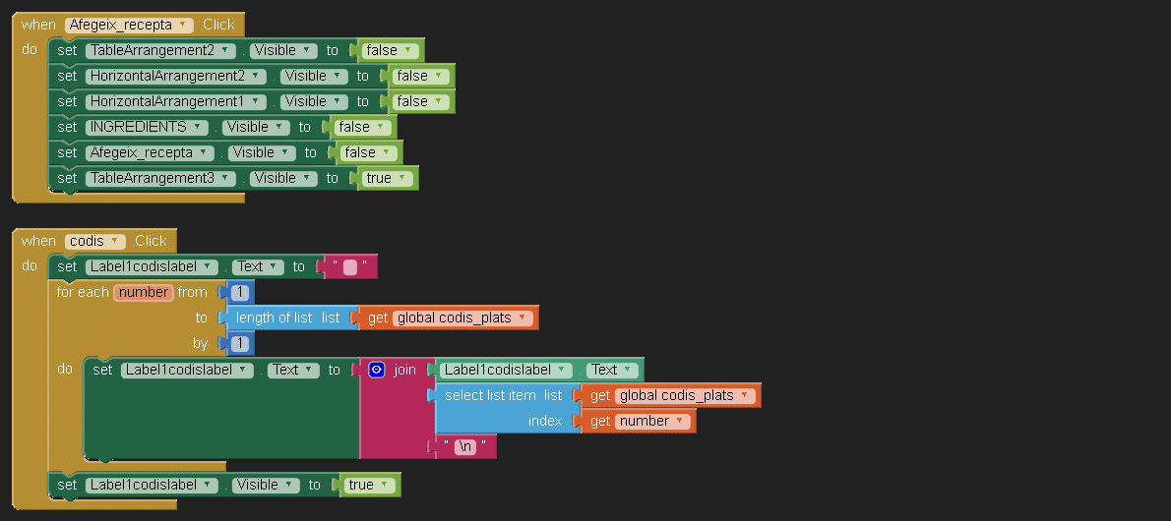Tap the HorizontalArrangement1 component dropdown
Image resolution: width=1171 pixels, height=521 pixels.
pos(176,101)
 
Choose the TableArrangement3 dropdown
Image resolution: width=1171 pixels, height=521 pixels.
pos(161,178)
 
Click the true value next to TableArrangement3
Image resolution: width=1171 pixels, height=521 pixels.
pos(385,178)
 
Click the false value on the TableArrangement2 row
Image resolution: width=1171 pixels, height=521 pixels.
pos(388,50)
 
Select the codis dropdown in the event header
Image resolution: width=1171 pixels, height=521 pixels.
pos(95,241)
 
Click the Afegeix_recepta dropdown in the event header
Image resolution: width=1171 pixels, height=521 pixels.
pos(128,25)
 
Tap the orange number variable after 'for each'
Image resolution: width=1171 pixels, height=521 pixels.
pos(144,292)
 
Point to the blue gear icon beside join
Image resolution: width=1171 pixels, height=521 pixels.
pos(376,370)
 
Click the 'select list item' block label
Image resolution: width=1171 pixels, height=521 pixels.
pos(490,395)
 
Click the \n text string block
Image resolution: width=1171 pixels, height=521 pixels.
pos(465,446)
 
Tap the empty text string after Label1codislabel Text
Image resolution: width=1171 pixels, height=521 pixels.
pos(349,266)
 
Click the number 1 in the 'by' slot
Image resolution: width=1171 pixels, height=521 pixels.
pos(240,343)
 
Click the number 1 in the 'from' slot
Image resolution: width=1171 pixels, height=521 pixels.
pos(240,292)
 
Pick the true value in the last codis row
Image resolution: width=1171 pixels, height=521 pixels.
pos(367,485)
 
